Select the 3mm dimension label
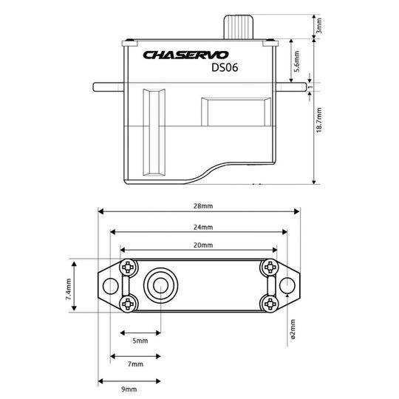click(x=319, y=27)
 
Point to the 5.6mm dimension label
click(x=297, y=58)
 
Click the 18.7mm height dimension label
click(x=319, y=126)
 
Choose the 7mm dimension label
click(x=136, y=365)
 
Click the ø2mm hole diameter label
click(x=293, y=329)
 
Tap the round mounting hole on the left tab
click(x=112, y=285)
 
